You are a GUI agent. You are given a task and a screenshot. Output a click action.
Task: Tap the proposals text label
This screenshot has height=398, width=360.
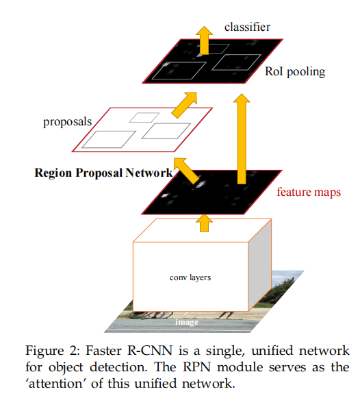pos(67,122)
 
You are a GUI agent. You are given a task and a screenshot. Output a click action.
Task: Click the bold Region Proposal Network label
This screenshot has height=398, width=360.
pos(103,173)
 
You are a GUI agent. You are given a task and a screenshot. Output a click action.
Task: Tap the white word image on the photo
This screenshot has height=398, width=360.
pos(186,321)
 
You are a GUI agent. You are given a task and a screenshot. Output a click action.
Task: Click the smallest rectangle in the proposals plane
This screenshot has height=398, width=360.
pos(144,117)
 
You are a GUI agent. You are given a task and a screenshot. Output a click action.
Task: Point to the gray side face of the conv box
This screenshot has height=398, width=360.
pos(261,271)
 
